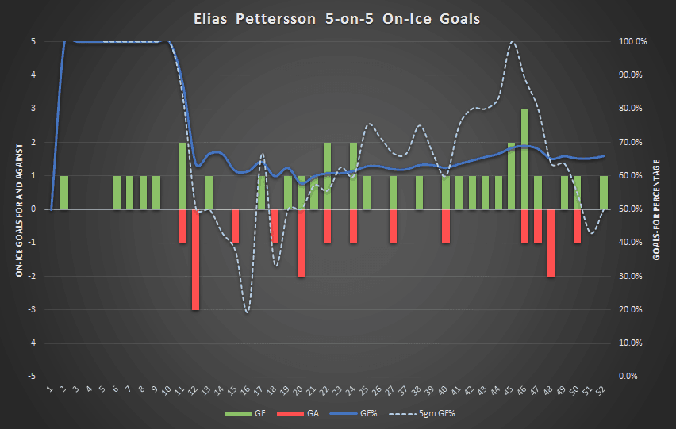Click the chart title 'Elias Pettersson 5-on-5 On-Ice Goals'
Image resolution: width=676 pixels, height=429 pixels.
pyautogui.click(x=337, y=18)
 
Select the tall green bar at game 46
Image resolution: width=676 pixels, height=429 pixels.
pyautogui.click(x=524, y=159)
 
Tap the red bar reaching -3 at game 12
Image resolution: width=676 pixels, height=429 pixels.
pyautogui.click(x=195, y=259)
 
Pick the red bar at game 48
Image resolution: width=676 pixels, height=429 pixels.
pyautogui.click(x=551, y=243)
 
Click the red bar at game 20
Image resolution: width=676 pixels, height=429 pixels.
pyautogui.click(x=301, y=243)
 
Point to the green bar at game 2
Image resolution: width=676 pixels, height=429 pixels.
pyautogui.click(x=64, y=193)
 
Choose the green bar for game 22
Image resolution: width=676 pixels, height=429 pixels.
pyautogui.click(x=327, y=176)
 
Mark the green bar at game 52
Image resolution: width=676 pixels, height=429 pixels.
pyautogui.click(x=603, y=193)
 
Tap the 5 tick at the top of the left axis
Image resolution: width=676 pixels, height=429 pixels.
pyautogui.click(x=33, y=41)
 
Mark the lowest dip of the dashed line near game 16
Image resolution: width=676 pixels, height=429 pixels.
pyautogui.click(x=248, y=312)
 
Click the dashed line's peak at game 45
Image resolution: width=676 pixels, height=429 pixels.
pyautogui.click(x=513, y=41)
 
